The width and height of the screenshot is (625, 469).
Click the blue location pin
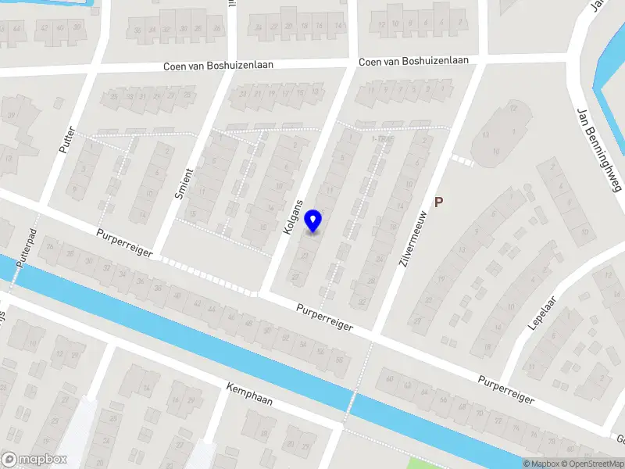coord(313,220)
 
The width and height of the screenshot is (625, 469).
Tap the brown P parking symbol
coord(439,202)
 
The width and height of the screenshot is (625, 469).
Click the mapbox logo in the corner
coord(33,459)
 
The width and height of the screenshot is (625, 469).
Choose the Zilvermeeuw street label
coord(412,239)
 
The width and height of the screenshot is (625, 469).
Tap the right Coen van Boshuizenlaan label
coord(414,62)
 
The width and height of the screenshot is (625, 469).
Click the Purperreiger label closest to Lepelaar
coord(507,388)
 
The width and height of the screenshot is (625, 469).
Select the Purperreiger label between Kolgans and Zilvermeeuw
coord(324,317)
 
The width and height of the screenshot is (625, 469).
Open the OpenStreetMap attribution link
coord(593,464)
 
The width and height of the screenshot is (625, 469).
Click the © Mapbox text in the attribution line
coord(541,464)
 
